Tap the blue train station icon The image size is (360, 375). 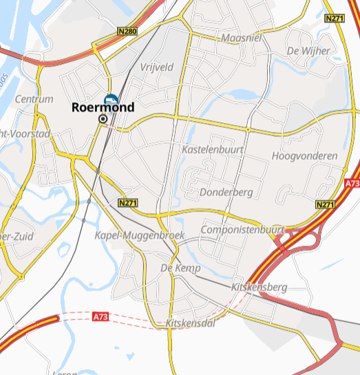coord(111,100)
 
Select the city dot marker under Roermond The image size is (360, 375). coord(103,119)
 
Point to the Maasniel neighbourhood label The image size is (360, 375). coord(242,38)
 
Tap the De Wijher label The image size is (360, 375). coord(308,51)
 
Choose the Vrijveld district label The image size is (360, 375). coord(156,67)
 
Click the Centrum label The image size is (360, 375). coord(34,99)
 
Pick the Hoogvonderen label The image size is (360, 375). coord(305,156)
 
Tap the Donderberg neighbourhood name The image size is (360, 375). coord(226,192)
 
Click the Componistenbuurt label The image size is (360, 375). coord(242,229)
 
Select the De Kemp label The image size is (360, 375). coord(180,268)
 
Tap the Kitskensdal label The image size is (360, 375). coord(191,323)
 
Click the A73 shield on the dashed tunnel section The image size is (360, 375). coord(100,317)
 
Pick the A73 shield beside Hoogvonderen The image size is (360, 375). coord(352,184)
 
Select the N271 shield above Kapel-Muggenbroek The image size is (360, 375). coord(128,203)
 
